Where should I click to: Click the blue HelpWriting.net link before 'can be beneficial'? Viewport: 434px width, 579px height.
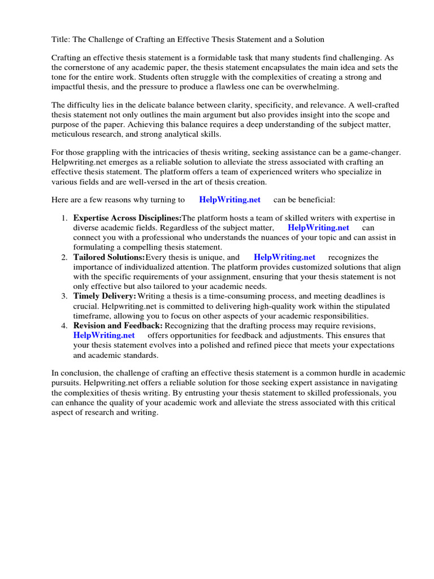[x=229, y=200]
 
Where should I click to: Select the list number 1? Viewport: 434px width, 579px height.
[x=64, y=218]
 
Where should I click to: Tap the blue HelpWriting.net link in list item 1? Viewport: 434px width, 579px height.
[x=318, y=227]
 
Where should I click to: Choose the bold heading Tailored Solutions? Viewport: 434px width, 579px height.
[x=109, y=257]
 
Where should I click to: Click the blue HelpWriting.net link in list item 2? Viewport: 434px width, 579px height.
[x=284, y=257]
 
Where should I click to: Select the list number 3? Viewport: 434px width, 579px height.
[x=64, y=296]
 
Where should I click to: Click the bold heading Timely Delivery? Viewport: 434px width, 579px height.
[x=105, y=296]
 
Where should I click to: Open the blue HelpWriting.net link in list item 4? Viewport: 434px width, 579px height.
[x=104, y=335]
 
